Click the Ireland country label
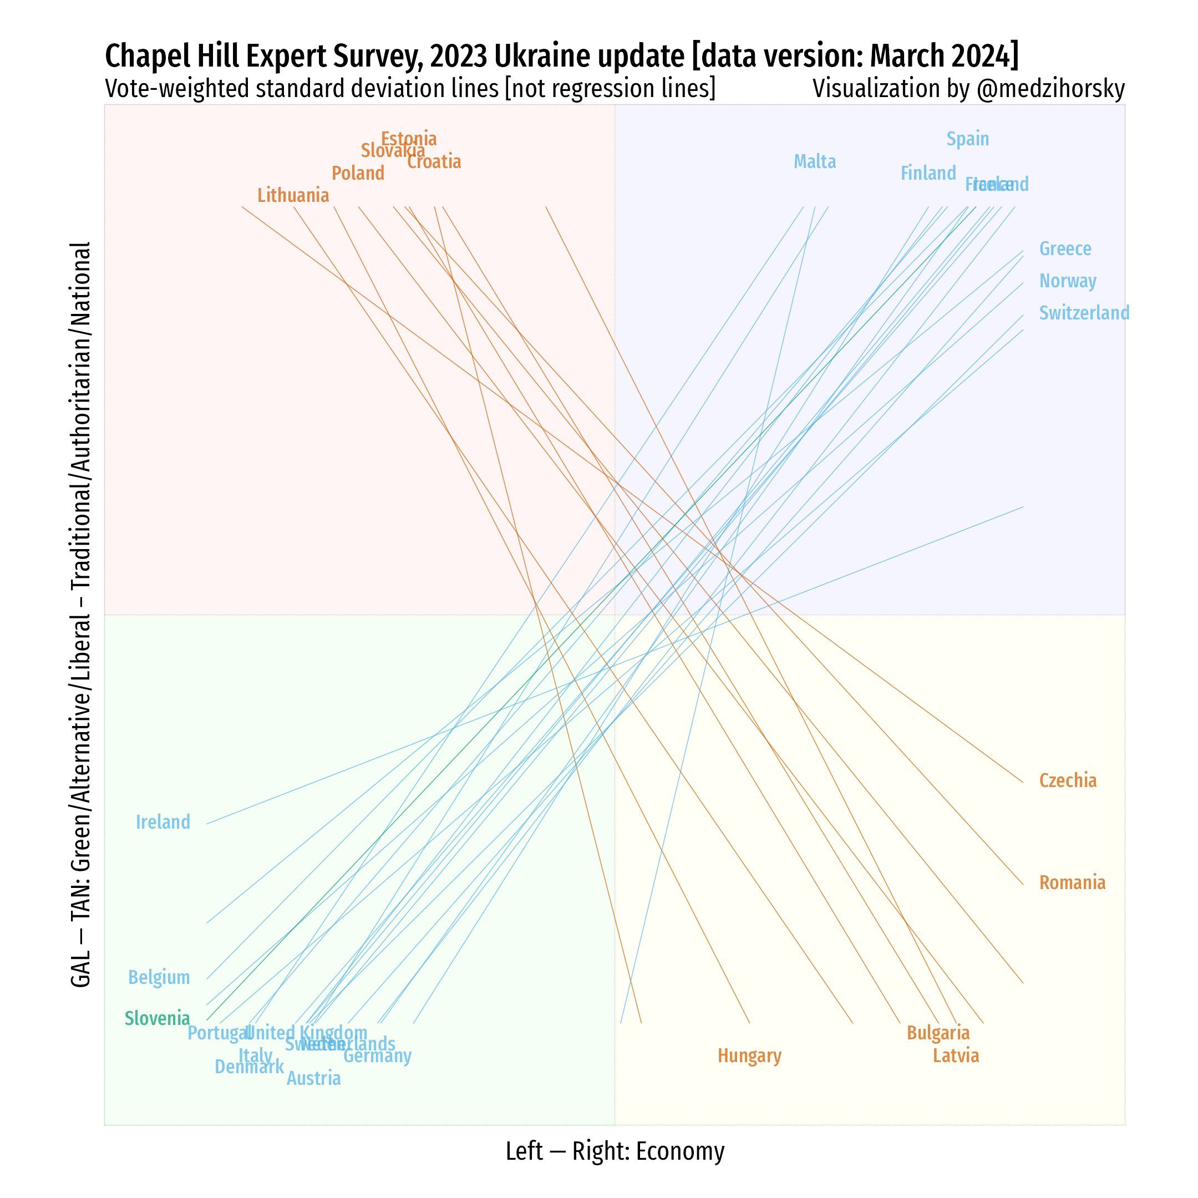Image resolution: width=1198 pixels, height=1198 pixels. click(163, 822)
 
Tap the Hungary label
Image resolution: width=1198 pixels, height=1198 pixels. click(749, 1056)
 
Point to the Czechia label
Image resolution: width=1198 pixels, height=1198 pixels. click(1068, 781)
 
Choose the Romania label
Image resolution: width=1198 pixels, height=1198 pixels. click(1072, 882)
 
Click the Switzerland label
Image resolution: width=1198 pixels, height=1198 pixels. click(1084, 313)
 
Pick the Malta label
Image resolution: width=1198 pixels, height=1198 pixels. click(815, 162)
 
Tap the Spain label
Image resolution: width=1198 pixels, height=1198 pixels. click(967, 139)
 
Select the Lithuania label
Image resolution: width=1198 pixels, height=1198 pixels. click(293, 195)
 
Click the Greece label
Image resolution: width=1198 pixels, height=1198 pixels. click(1065, 248)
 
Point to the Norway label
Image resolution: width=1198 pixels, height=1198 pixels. click(1067, 281)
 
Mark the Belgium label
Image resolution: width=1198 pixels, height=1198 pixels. click(159, 978)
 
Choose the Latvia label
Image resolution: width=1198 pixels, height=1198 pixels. click(956, 1056)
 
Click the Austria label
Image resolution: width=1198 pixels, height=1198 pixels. click(313, 1079)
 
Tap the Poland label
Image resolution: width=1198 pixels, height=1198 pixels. click(358, 173)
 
